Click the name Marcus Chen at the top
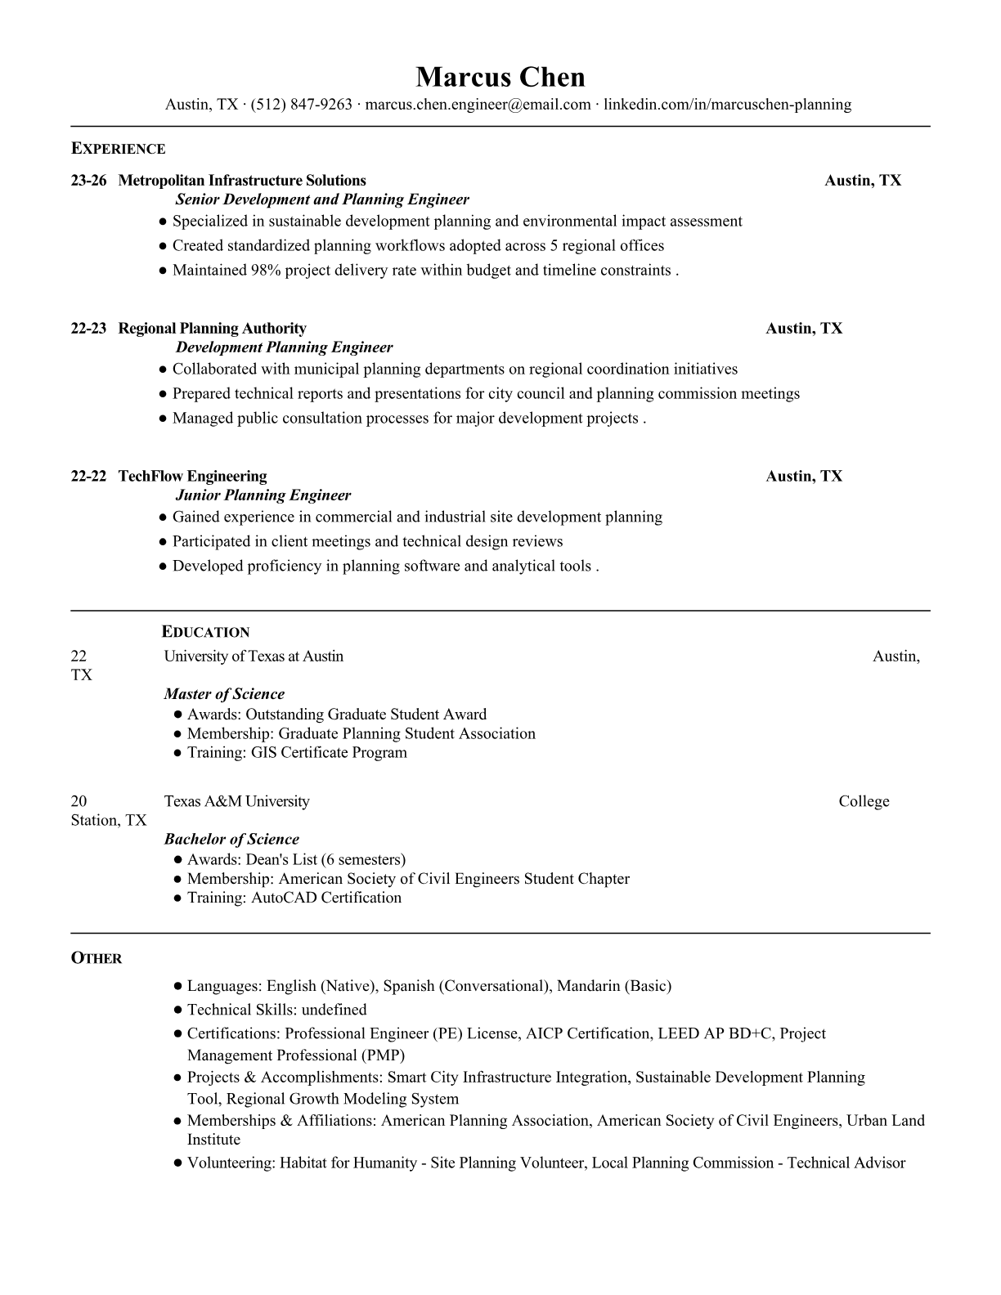click(500, 77)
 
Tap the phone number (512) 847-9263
click(301, 105)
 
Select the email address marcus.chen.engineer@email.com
click(478, 105)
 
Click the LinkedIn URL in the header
click(727, 105)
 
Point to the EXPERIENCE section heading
click(118, 149)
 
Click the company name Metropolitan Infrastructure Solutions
click(242, 181)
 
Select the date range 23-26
click(88, 181)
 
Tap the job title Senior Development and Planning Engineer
click(322, 199)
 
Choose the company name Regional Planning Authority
click(212, 329)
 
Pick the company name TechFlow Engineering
click(192, 477)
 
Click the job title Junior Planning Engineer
click(263, 495)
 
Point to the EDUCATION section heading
click(205, 632)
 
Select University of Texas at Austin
click(254, 656)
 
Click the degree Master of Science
click(224, 694)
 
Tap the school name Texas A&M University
click(236, 801)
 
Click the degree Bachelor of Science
click(231, 839)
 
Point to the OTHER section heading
click(97, 958)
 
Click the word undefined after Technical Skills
click(334, 1010)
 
